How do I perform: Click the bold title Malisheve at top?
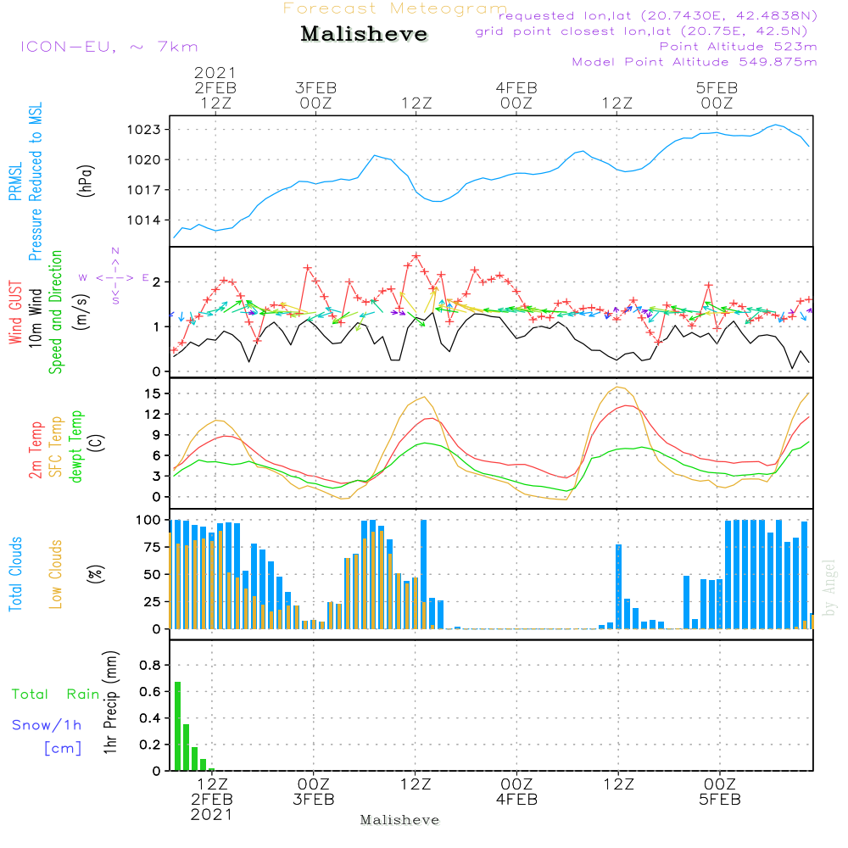click(365, 35)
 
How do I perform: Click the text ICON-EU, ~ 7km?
click(109, 47)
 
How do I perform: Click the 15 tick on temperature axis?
click(153, 393)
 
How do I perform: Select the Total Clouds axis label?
click(16, 574)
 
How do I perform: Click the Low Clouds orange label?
click(56, 574)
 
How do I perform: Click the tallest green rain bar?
click(178, 726)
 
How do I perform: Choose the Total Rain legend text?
click(56, 695)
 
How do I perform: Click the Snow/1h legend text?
click(47, 725)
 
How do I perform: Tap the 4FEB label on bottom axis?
click(516, 800)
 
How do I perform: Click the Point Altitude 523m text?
click(738, 47)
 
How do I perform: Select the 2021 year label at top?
click(215, 73)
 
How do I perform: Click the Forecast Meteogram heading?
click(395, 9)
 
